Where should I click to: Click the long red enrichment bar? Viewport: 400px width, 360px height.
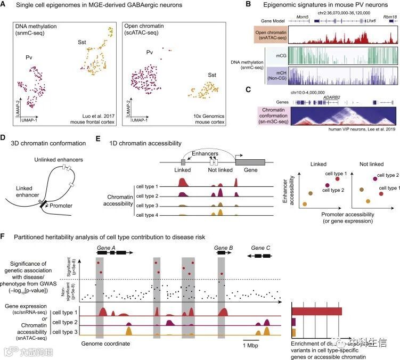point(316,312)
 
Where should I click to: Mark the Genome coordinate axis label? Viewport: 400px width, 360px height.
point(105,344)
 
